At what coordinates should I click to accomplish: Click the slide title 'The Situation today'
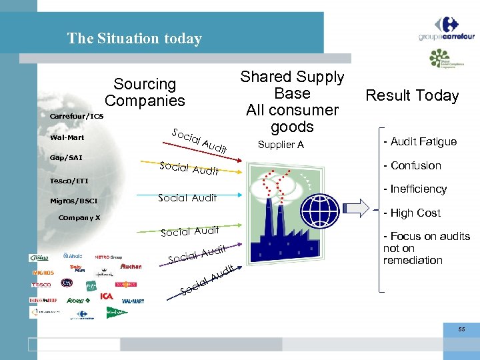point(134,39)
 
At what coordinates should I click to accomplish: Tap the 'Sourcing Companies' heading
point(145,93)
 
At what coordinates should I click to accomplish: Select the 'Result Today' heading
point(412,95)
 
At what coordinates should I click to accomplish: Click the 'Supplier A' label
point(281,145)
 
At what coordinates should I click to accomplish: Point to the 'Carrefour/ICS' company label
point(77,116)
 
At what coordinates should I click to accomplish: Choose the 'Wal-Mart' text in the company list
point(67,138)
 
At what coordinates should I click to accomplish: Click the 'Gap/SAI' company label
point(65,158)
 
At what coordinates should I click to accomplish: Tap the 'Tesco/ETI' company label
point(69,181)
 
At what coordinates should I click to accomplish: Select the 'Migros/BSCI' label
point(73,201)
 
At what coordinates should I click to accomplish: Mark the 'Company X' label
point(79,218)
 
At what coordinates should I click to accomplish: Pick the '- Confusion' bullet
point(412,165)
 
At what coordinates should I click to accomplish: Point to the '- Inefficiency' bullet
point(415,189)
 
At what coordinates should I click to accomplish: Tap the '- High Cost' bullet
point(411,213)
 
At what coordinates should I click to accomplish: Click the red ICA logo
point(107,295)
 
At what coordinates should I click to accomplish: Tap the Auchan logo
point(131,266)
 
